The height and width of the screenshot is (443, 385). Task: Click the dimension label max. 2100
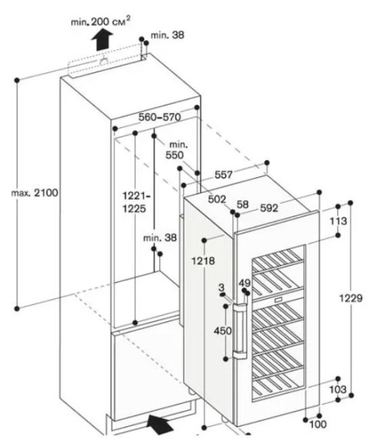[34, 192]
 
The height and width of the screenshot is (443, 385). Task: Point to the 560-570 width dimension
[159, 117]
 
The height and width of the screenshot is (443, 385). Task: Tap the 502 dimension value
[216, 199]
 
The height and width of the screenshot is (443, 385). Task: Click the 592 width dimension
[268, 209]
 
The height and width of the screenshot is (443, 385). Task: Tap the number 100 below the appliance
[318, 424]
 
